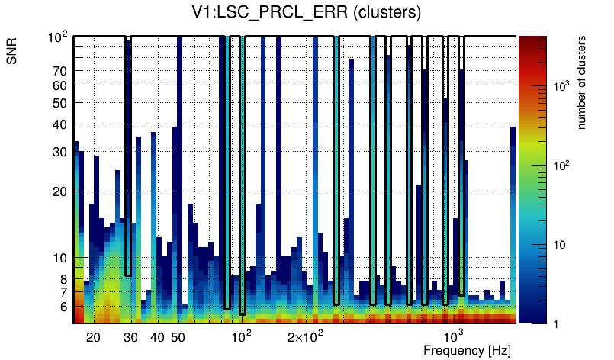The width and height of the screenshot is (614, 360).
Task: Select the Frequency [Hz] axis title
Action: tap(467, 350)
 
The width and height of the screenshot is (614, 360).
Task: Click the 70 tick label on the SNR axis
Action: tap(60, 71)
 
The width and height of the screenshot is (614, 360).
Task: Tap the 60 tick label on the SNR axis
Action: tap(60, 85)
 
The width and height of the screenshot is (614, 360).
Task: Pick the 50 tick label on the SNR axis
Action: tap(60, 103)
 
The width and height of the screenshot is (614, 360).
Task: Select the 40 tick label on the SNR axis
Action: tap(60, 124)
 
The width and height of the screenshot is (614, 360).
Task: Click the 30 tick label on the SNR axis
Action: tap(60, 152)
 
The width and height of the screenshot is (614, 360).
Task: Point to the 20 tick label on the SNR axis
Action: tap(60, 191)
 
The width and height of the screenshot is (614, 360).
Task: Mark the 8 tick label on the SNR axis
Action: tap(64, 279)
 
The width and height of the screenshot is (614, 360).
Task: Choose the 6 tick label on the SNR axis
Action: tap(64, 307)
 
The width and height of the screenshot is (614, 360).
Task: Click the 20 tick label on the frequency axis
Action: tap(93, 337)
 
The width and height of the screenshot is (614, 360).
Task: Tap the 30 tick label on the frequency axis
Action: tap(130, 337)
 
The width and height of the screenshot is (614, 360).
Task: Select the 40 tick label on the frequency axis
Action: tap(157, 337)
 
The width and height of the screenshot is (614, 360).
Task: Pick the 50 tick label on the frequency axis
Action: tap(178, 337)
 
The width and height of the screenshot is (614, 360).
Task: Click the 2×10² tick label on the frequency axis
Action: tap(305, 336)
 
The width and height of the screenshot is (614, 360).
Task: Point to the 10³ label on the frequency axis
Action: tap(453, 336)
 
